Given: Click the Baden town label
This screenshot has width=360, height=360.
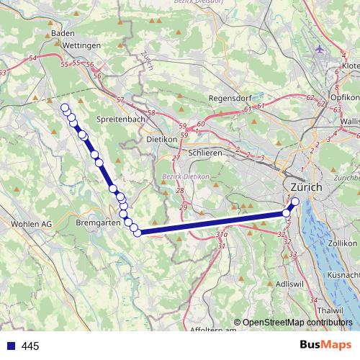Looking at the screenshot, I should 63,33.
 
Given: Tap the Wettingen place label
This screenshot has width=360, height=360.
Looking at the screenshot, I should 82,45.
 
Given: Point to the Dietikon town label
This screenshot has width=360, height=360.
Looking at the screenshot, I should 162,139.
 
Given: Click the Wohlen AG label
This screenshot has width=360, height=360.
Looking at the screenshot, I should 32,224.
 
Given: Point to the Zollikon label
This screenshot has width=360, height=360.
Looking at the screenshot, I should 342,244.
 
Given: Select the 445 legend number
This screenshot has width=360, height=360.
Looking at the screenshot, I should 30,346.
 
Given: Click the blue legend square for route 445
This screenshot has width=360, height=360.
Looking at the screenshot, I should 10,346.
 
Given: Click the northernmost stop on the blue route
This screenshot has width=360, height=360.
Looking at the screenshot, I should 65,108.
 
